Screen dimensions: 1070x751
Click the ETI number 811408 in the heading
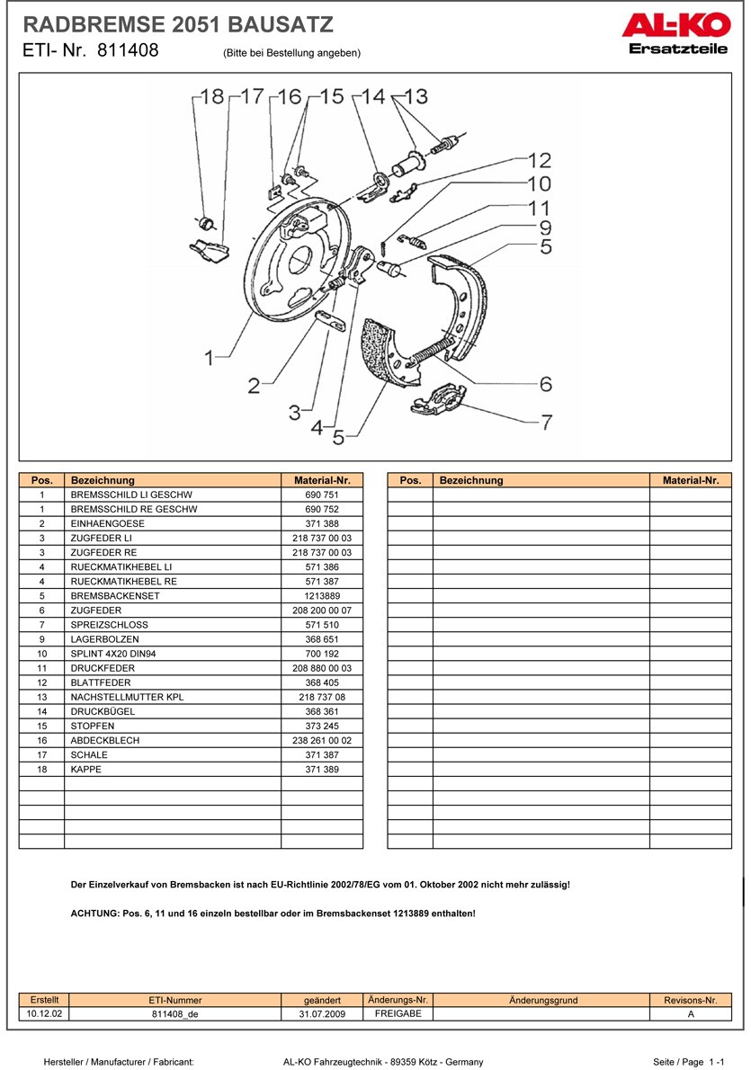pyautogui.click(x=124, y=50)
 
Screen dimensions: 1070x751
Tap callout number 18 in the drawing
pyautogui.click(x=211, y=96)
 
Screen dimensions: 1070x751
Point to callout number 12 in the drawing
pyautogui.click(x=539, y=161)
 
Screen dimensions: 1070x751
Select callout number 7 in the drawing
pyautogui.click(x=546, y=421)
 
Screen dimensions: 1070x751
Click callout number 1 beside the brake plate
pyautogui.click(x=210, y=358)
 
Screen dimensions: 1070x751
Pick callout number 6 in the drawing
pyautogui.click(x=546, y=384)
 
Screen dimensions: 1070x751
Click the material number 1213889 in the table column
pyautogui.click(x=322, y=595)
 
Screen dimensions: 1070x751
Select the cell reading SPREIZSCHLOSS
pyautogui.click(x=110, y=624)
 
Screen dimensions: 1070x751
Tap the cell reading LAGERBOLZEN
pyautogui.click(x=105, y=638)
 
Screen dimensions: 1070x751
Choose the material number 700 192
pyautogui.click(x=322, y=653)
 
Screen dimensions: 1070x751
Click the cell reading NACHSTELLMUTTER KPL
pyautogui.click(x=127, y=697)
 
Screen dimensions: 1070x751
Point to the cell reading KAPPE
pyautogui.click(x=86, y=770)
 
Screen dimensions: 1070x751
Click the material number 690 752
pyautogui.click(x=322, y=509)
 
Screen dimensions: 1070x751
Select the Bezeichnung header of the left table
pyautogui.click(x=103, y=480)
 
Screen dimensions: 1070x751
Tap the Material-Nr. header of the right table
pyautogui.click(x=691, y=480)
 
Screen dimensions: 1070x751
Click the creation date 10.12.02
pyautogui.click(x=44, y=1013)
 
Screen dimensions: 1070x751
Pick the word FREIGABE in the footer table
pyautogui.click(x=398, y=1013)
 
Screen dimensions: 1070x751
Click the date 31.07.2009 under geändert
pyautogui.click(x=322, y=1013)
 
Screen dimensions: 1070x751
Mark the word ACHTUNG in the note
pyautogui.click(x=94, y=913)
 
